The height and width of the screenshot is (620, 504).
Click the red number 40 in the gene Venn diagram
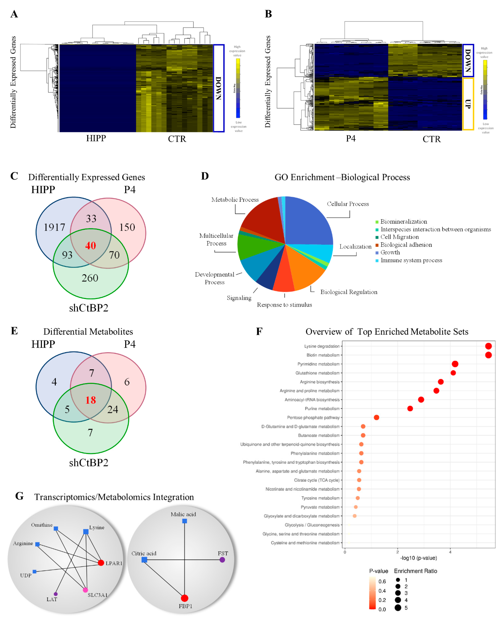coord(91,246)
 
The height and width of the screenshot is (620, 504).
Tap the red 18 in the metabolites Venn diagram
coord(91,400)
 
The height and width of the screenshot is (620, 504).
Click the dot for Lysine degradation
coord(488,346)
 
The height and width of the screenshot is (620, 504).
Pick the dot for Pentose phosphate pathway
coord(377,418)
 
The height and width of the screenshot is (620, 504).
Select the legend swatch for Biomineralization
coord(377,222)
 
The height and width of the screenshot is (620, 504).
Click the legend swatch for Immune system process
coord(377,261)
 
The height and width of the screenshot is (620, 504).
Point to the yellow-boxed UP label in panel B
coord(468,104)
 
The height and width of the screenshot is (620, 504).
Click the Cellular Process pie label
coord(348,204)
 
